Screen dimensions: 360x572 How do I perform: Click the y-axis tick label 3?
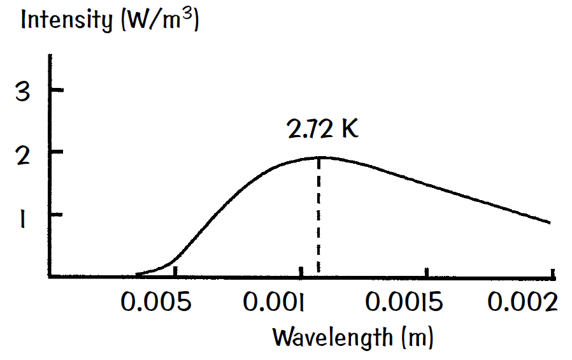click(23, 92)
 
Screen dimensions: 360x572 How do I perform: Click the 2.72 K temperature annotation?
click(323, 129)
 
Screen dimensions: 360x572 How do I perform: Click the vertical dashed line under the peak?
click(318, 217)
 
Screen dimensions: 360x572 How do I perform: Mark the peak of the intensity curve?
click(318, 157)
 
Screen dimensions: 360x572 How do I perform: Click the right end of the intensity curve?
click(549, 222)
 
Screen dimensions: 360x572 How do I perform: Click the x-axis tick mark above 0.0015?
click(428, 271)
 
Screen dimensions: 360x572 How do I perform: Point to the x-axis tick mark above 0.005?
click(175, 271)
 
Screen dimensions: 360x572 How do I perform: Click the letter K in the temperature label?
click(349, 129)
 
